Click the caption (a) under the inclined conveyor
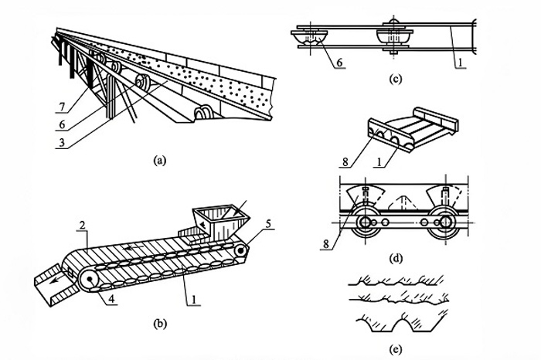pyautogui.click(x=160, y=161)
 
